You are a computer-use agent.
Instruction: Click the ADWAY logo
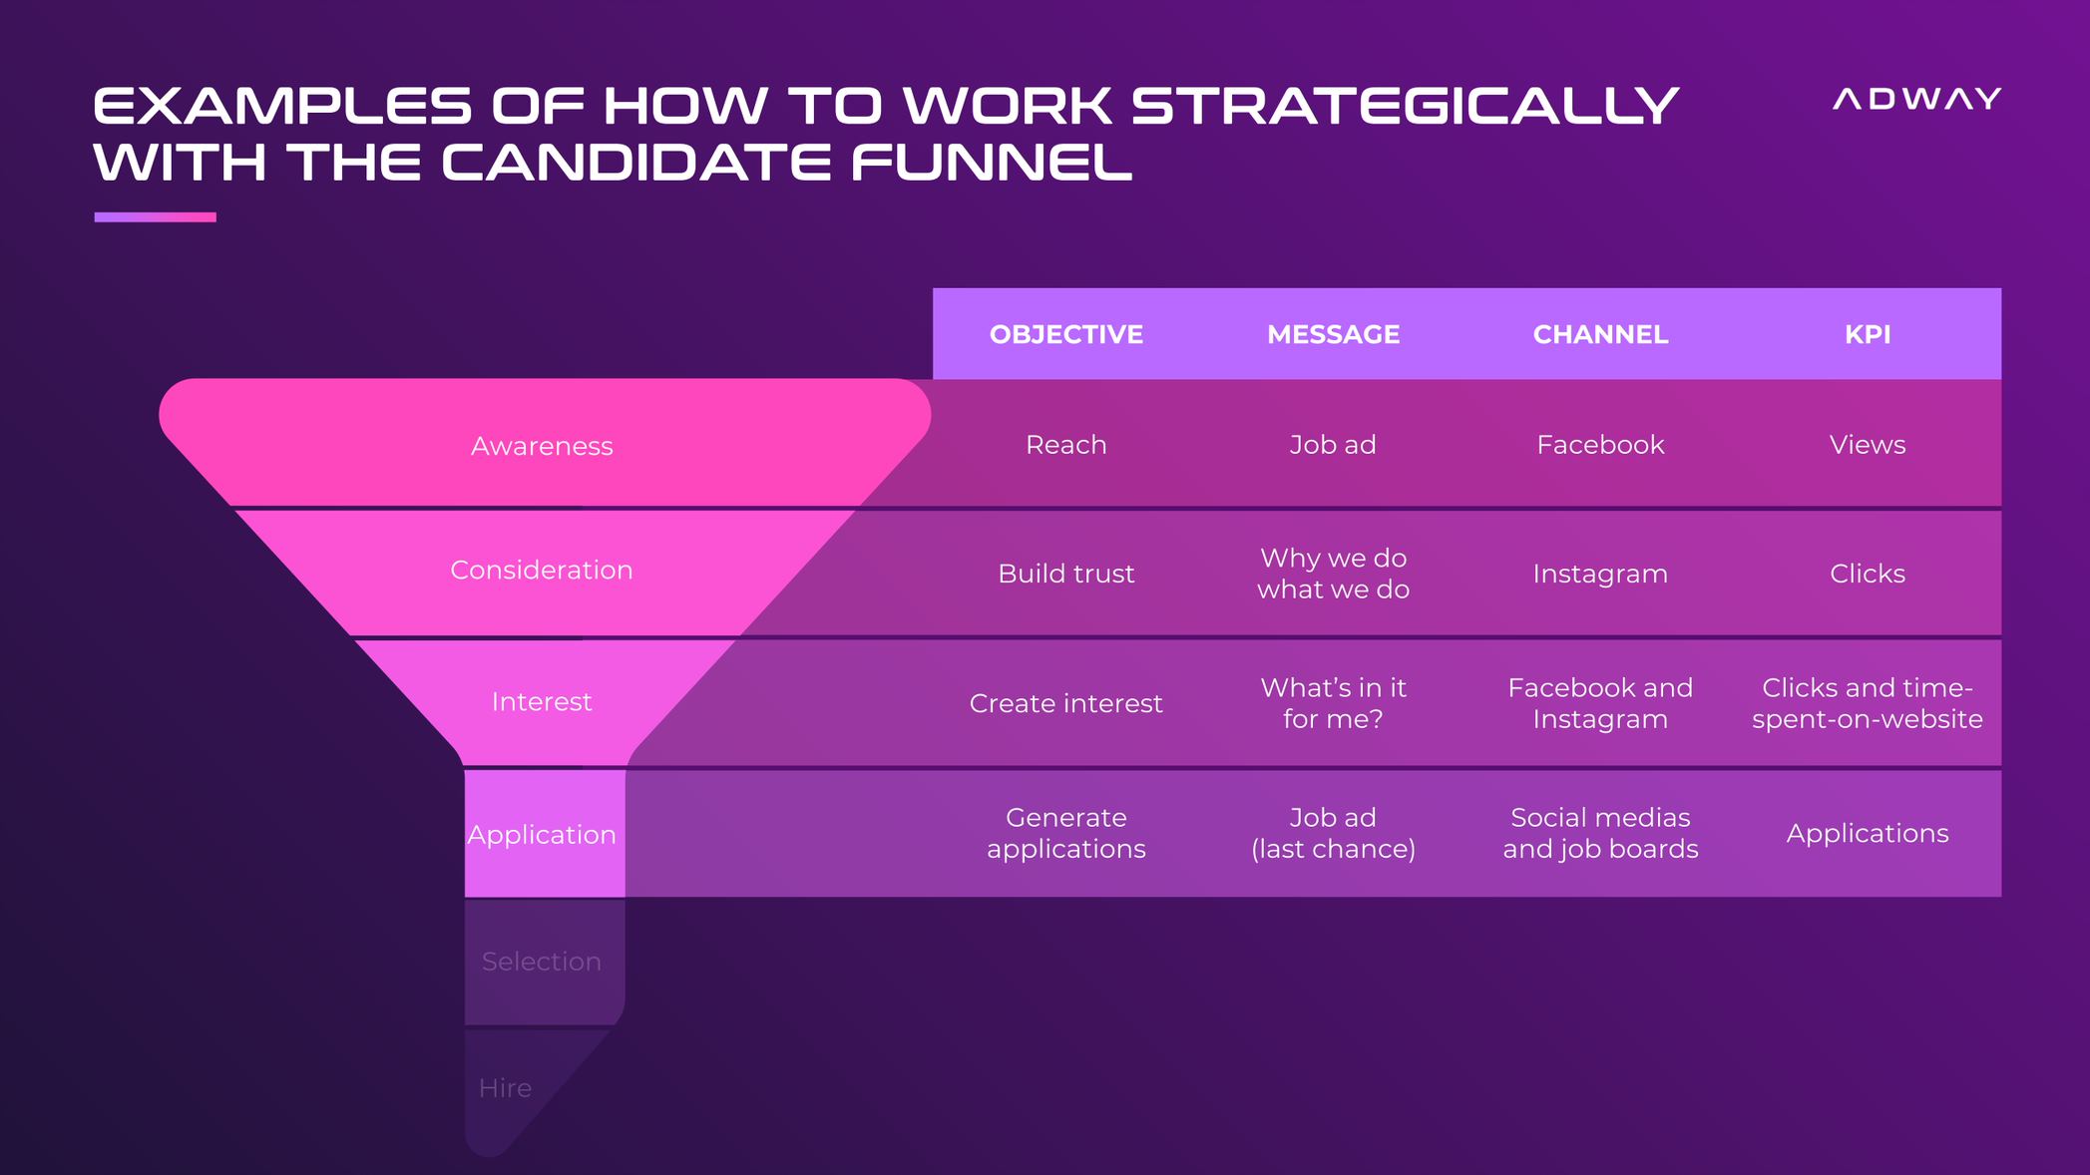(x=1916, y=99)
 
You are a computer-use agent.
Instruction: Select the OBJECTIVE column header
(x=1066, y=334)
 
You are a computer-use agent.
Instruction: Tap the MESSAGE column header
(x=1333, y=334)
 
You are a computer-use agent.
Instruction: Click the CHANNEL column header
(x=1600, y=334)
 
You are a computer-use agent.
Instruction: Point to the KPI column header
(x=1868, y=334)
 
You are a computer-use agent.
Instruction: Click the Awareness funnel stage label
(x=542, y=446)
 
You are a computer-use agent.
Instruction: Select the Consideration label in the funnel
(x=542, y=570)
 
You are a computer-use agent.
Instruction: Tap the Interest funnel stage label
(x=542, y=701)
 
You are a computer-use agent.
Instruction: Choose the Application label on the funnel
(x=542, y=834)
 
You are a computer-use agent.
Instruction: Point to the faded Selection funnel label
(x=542, y=961)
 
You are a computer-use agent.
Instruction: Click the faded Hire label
(x=505, y=1087)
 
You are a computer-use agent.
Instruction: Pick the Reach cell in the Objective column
(x=1066, y=444)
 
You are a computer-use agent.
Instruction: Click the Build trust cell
(x=1066, y=574)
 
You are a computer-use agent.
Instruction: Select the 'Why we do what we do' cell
(x=1333, y=574)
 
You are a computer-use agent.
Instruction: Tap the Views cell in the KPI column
(x=1868, y=444)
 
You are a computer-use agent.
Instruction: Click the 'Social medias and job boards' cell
(x=1600, y=833)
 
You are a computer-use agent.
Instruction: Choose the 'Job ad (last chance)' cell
(x=1333, y=833)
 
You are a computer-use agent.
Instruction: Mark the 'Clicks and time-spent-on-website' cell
(x=1868, y=703)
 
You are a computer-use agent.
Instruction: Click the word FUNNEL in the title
(x=992, y=163)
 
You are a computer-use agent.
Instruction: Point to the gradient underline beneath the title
(x=155, y=216)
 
